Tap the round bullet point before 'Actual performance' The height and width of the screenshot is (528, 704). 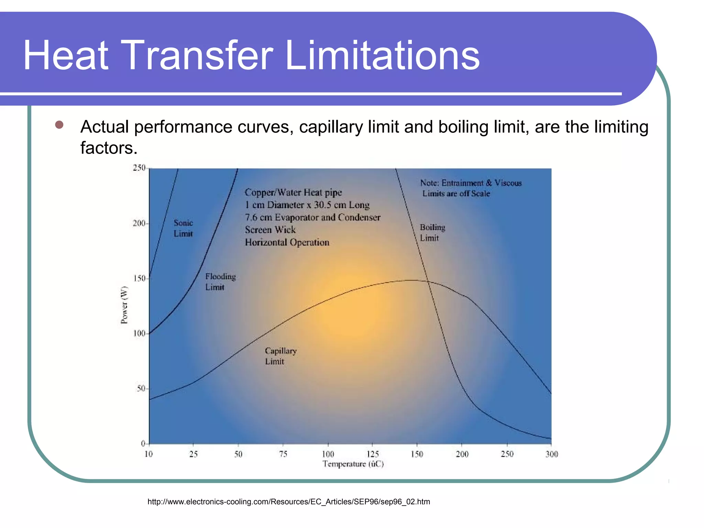tap(59, 125)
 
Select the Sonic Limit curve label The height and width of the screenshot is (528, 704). tap(183, 228)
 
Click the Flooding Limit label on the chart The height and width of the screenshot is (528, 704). tap(220, 282)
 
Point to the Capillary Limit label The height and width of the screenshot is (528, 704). tap(280, 356)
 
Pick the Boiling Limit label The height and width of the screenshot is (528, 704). tap(432, 232)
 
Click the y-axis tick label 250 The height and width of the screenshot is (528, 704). tap(139, 168)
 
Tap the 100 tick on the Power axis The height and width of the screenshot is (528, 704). tap(139, 333)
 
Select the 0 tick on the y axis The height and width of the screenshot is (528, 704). tap(143, 443)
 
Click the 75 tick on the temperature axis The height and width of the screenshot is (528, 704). tap(283, 454)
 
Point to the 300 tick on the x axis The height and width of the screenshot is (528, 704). tap(551, 454)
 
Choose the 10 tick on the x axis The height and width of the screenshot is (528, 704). tap(148, 454)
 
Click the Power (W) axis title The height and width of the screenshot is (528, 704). tap(124, 305)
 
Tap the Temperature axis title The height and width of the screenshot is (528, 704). tap(353, 464)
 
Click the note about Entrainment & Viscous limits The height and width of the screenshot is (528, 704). tap(471, 188)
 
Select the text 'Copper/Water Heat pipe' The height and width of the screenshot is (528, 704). tap(293, 192)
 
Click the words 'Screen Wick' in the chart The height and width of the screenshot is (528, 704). tap(270, 230)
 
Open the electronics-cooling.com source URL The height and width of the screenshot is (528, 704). tap(289, 502)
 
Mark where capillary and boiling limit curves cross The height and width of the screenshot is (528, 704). tap(428, 282)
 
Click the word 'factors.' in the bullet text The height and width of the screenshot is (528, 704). tap(109, 148)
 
